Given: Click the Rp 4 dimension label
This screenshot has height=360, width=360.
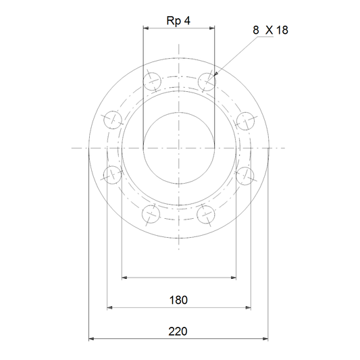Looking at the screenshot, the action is [178, 21].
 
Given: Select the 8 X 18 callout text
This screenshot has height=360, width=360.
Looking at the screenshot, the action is [270, 30].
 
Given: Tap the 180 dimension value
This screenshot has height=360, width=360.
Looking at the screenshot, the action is [178, 300].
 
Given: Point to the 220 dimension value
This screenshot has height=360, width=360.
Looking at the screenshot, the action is [178, 332].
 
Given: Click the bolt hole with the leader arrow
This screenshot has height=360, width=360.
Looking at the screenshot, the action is [207, 82].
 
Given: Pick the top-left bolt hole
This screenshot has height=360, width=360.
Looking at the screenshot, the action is [152, 82].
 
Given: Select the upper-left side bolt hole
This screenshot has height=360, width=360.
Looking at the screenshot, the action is [113, 120].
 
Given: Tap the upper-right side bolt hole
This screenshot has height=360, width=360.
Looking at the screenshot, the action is [245, 121].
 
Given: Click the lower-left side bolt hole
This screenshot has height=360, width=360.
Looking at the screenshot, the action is [112, 175].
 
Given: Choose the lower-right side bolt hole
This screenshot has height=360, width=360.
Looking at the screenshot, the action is [245, 176].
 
